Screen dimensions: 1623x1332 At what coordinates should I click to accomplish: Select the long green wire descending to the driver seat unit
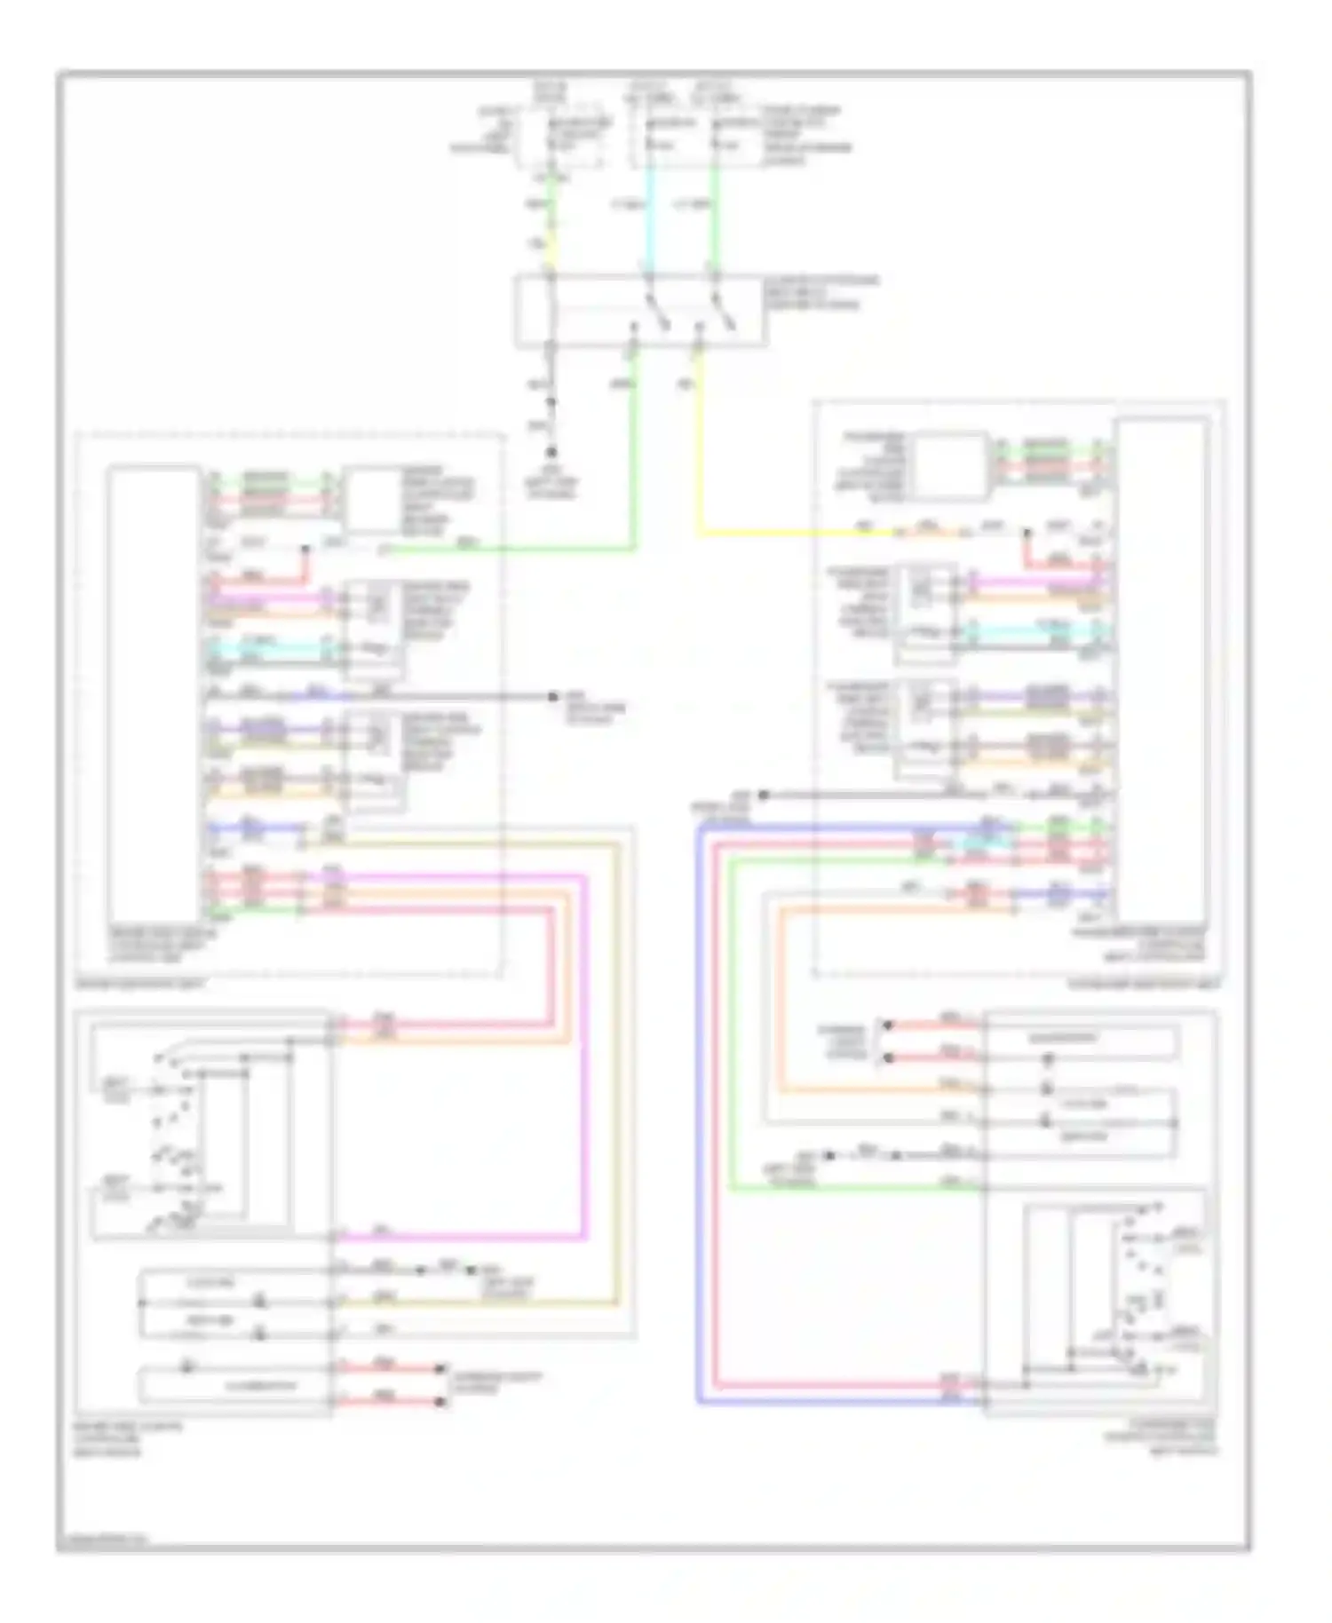(x=635, y=462)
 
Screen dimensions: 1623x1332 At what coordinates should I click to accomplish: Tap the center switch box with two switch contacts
(x=639, y=311)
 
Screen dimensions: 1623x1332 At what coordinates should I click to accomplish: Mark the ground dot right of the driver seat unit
(x=552, y=697)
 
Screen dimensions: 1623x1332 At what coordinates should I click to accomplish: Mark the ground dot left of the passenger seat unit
(x=763, y=795)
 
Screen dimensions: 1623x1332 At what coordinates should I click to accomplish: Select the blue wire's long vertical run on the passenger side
(x=700, y=1110)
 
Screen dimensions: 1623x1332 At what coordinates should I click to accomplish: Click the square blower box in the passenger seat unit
(x=951, y=466)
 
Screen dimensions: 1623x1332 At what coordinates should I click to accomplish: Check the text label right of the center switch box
(x=821, y=293)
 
